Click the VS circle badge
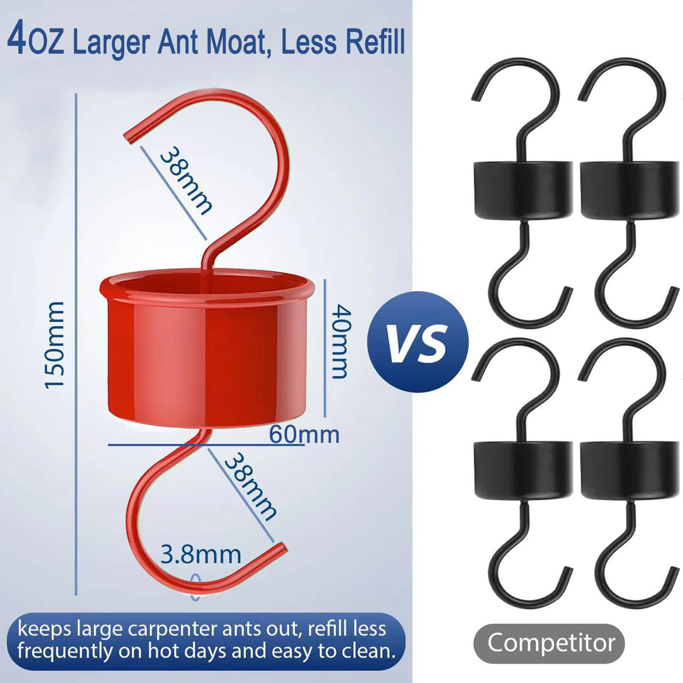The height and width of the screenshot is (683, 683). click(x=418, y=341)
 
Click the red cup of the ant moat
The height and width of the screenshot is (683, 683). click(x=207, y=349)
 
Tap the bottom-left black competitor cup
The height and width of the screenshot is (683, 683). click(x=523, y=470)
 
